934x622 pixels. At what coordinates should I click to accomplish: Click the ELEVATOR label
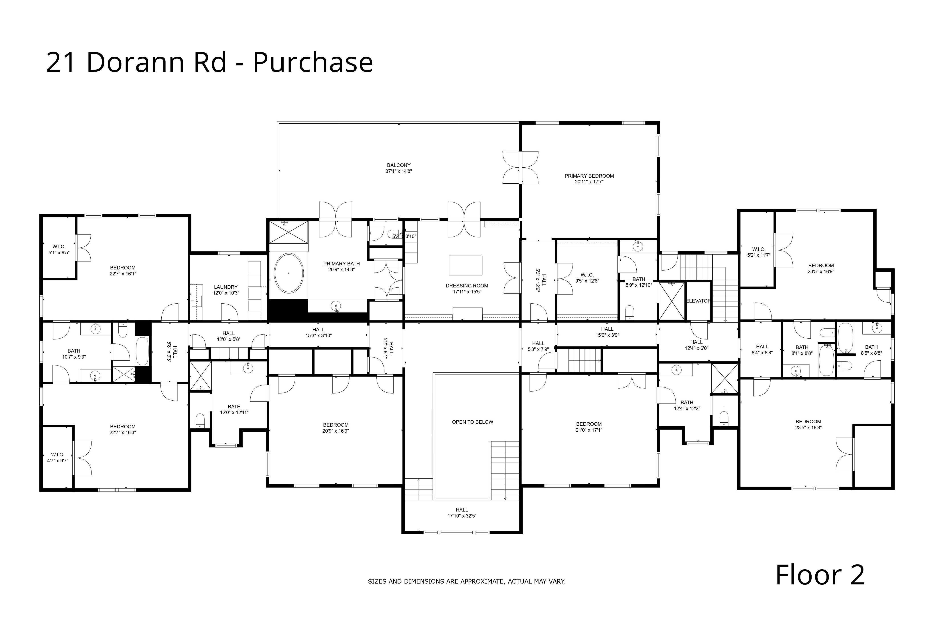pyautogui.click(x=698, y=301)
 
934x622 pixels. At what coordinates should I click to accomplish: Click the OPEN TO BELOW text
pyautogui.click(x=472, y=422)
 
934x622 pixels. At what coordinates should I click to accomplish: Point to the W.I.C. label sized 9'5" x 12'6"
pyautogui.click(x=587, y=275)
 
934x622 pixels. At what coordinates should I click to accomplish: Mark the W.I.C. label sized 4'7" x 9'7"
pyautogui.click(x=58, y=455)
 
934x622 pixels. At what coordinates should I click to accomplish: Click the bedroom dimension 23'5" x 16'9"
pyautogui.click(x=821, y=272)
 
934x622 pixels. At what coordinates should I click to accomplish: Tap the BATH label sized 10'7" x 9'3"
pyautogui.click(x=74, y=351)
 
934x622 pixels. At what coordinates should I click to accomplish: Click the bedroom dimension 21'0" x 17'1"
pyautogui.click(x=589, y=430)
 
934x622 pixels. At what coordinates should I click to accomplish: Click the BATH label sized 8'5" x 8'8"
pyautogui.click(x=871, y=347)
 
